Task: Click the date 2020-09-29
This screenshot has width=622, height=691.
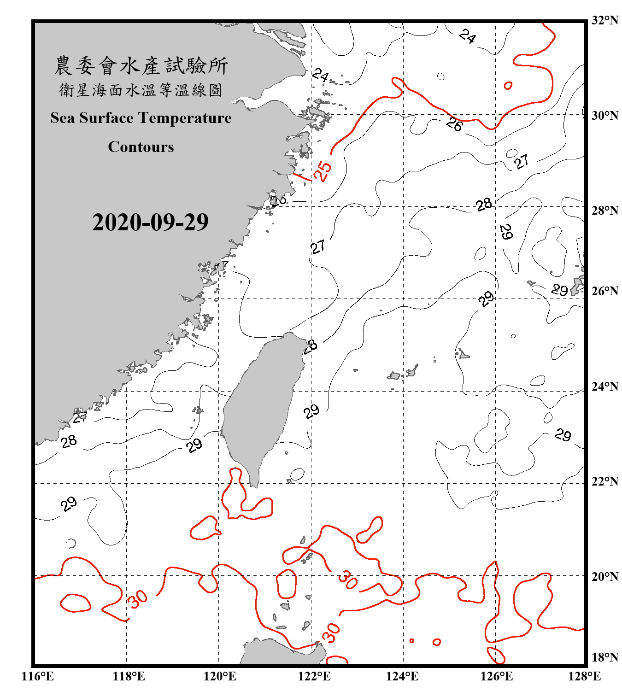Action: click(x=150, y=223)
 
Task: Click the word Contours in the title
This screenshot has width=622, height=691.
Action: click(x=141, y=147)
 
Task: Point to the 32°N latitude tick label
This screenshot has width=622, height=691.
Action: click(x=604, y=20)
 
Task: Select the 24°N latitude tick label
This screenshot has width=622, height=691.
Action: click(x=604, y=386)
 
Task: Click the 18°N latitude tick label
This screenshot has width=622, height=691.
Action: click(x=604, y=657)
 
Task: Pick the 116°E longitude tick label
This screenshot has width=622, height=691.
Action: click(x=38, y=676)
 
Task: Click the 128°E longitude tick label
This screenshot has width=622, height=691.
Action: click(x=584, y=676)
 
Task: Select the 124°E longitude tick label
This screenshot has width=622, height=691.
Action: click(x=402, y=676)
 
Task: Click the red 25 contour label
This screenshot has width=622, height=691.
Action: click(x=323, y=171)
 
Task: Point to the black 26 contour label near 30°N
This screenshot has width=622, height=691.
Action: click(x=454, y=124)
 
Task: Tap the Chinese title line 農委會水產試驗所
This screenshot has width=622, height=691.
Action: click(x=141, y=66)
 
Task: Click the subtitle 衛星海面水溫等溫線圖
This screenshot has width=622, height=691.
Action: click(x=141, y=90)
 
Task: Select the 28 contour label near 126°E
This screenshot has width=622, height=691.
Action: click(x=484, y=204)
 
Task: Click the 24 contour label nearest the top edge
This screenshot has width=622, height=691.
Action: click(x=468, y=36)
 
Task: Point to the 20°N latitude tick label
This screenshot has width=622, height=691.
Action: click(x=604, y=576)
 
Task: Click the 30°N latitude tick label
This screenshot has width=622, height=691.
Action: click(x=604, y=115)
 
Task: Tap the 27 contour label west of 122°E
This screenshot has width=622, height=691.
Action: click(x=318, y=247)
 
